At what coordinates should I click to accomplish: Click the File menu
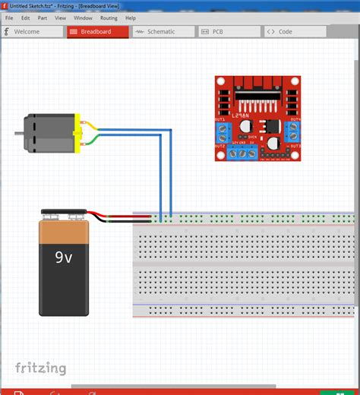[9, 17]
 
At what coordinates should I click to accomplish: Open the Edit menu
[25, 17]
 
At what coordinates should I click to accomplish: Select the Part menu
[43, 17]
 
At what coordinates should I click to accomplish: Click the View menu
[61, 17]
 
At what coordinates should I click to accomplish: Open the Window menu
[83, 17]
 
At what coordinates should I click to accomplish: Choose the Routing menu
[109, 17]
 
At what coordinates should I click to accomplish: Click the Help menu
[131, 17]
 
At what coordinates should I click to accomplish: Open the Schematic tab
[160, 32]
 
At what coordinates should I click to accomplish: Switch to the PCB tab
[217, 32]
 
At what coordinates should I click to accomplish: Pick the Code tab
[285, 32]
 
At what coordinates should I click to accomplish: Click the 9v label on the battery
[64, 258]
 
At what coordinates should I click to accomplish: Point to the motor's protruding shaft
[18, 134]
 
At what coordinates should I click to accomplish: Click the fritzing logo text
[41, 368]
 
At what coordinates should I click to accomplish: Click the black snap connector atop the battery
[65, 216]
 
